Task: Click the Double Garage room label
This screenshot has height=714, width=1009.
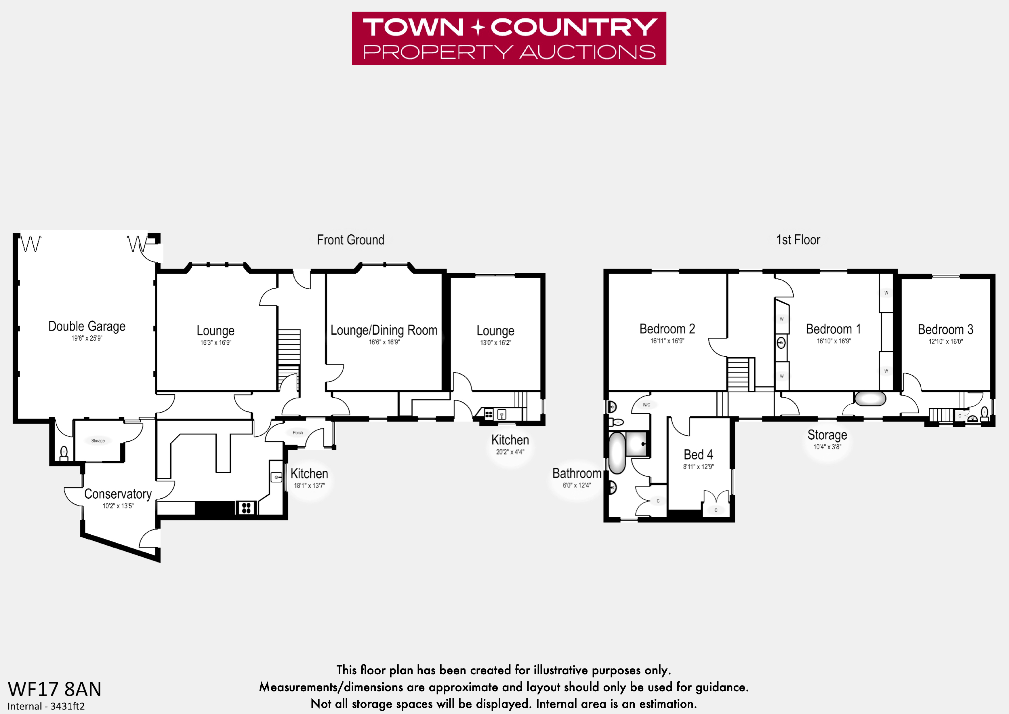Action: [x=87, y=326]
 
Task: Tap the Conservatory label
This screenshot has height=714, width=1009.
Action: [x=118, y=494]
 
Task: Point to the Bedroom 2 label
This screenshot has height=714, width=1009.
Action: [x=667, y=329]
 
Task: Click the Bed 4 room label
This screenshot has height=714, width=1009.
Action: [x=698, y=455]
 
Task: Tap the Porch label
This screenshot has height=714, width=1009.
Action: [x=297, y=433]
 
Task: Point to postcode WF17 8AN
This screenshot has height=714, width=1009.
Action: [x=54, y=689]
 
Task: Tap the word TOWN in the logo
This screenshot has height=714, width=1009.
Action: [x=413, y=27]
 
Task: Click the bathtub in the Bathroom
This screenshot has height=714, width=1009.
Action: [x=617, y=453]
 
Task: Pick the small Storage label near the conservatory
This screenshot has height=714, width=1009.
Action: [x=98, y=440]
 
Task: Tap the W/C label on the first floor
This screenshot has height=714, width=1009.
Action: [x=646, y=405]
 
